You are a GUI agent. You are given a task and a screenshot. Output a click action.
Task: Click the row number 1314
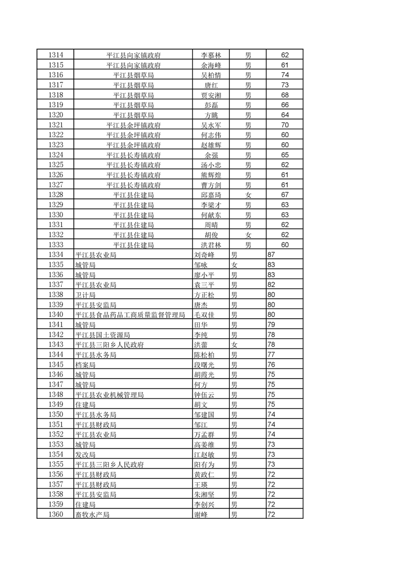pos(55,55)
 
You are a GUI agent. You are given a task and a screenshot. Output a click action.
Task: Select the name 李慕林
pos(211,55)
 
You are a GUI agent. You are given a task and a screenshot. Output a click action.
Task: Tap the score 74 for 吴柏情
pos(285,75)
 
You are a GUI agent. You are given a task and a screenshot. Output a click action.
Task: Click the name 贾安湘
pos(211,95)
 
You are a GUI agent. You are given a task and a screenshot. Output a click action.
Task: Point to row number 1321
pos(55,125)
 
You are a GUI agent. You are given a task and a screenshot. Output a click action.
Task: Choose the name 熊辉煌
pos(211,175)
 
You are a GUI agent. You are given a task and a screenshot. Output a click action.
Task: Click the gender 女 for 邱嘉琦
pos(248,195)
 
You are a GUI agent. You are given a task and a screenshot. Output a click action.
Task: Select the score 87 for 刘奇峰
pos(272,255)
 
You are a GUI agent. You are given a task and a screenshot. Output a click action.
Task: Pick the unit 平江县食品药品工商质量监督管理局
pos(130,315)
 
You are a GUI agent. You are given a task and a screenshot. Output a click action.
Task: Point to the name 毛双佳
pos(204,315)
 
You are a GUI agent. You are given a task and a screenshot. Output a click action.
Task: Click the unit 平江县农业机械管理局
pos(109,394)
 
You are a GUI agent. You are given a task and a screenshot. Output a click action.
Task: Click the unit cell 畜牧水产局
pos(92,515)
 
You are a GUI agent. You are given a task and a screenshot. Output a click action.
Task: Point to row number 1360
pos(55,514)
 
